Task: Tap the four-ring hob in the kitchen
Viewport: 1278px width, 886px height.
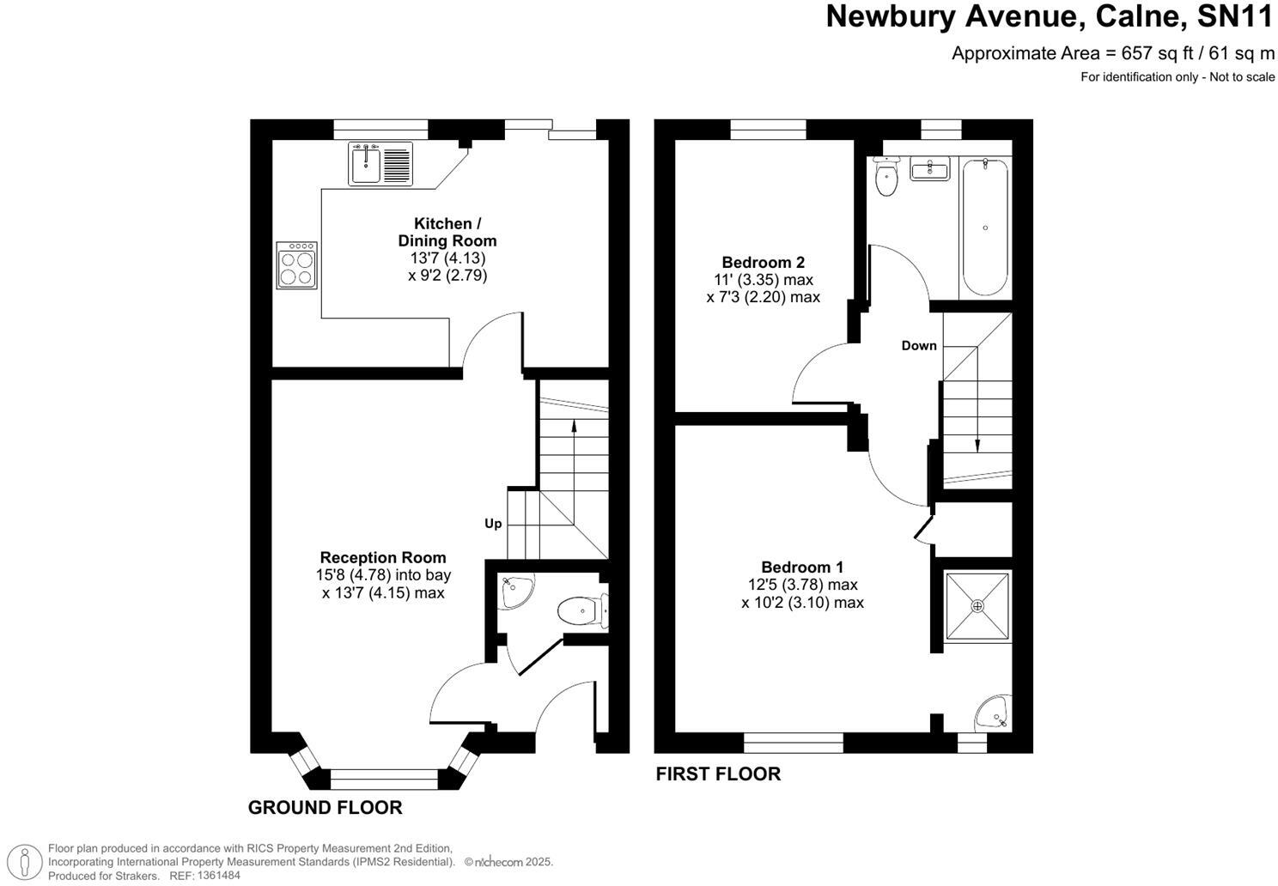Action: point(296,265)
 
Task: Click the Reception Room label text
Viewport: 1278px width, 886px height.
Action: point(383,557)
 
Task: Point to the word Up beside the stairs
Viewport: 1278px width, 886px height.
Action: point(493,524)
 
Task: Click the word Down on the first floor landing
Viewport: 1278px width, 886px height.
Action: point(918,346)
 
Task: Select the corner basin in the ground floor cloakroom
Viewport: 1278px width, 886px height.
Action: point(515,592)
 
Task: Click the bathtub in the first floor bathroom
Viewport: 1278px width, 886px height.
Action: point(984,228)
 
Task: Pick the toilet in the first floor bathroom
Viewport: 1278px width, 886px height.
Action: point(885,179)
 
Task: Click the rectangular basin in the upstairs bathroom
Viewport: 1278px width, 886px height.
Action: point(928,170)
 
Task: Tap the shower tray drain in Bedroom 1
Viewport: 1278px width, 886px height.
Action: point(977,606)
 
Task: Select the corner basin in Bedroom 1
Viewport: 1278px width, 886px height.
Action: point(993,712)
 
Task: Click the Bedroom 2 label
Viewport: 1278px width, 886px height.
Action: point(763,263)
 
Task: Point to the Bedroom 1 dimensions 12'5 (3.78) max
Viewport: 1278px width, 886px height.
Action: point(802,585)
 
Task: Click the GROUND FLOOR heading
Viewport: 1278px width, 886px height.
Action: point(325,808)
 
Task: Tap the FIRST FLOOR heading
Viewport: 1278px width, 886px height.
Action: point(718,774)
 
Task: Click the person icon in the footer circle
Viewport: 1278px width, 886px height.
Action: point(28,861)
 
